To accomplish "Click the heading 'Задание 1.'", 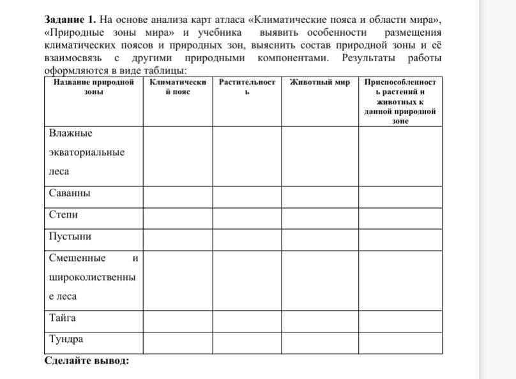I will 70,19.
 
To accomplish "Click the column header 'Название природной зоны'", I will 93,87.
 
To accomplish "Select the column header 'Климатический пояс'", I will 178,87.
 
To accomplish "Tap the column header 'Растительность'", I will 247,87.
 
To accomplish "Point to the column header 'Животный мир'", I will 319,82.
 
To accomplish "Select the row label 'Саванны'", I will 70,193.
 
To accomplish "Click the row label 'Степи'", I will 63,214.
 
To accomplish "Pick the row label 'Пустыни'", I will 70,236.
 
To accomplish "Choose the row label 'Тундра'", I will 66,339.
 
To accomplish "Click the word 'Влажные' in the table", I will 71,133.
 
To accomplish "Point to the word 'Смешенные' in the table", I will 77,258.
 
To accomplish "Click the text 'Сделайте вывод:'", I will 87,360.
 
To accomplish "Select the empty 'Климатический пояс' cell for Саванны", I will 177,196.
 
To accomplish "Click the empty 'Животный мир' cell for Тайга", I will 319,321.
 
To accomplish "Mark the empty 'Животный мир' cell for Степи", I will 319,217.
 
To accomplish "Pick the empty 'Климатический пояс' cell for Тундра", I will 177,343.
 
